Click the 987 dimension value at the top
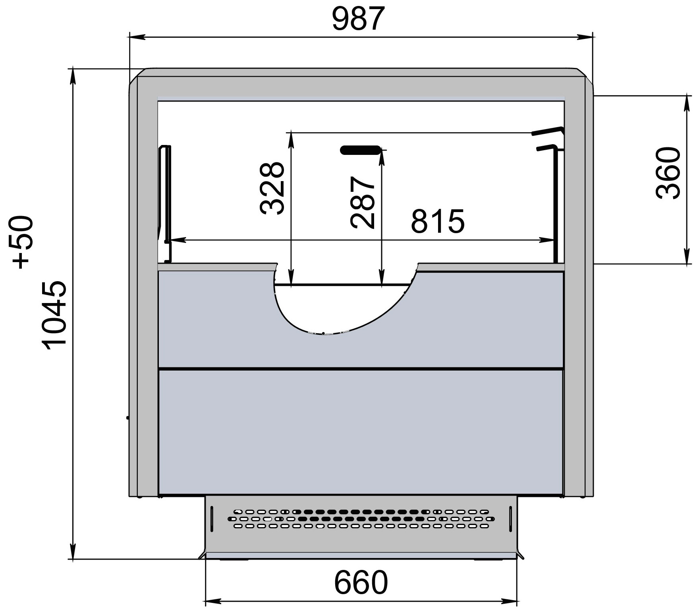358,19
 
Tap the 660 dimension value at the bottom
361,582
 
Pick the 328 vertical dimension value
272,188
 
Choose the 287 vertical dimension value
363,203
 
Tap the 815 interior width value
438,221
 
